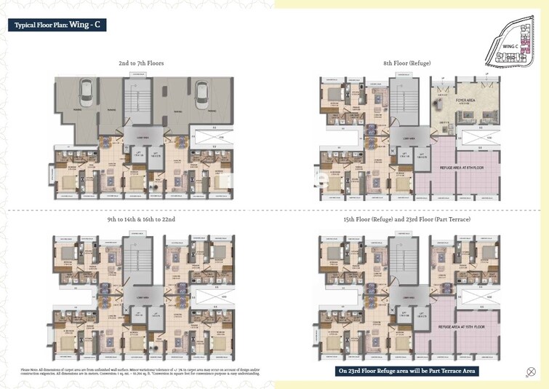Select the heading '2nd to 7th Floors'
pyautogui.click(x=141, y=63)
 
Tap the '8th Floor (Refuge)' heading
pyautogui.click(x=407, y=63)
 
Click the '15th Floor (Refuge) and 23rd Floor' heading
pyautogui.click(x=407, y=219)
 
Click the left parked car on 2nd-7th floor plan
pyautogui.click(x=86, y=94)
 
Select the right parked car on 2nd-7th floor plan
pyautogui.click(x=201, y=94)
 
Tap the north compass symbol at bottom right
pyautogui.click(x=530, y=372)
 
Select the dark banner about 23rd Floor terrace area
pyautogui.click(x=406, y=371)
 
